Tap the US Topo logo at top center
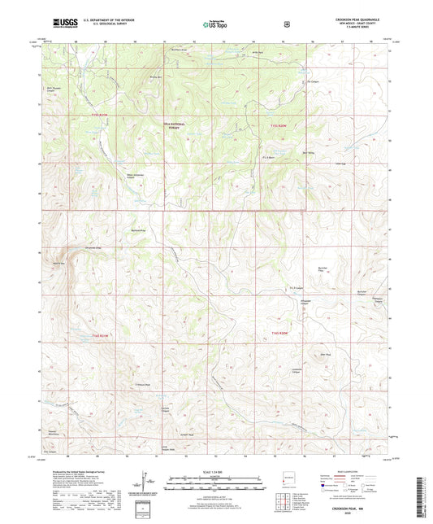(x=215, y=24)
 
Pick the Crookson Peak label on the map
(x=142, y=385)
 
